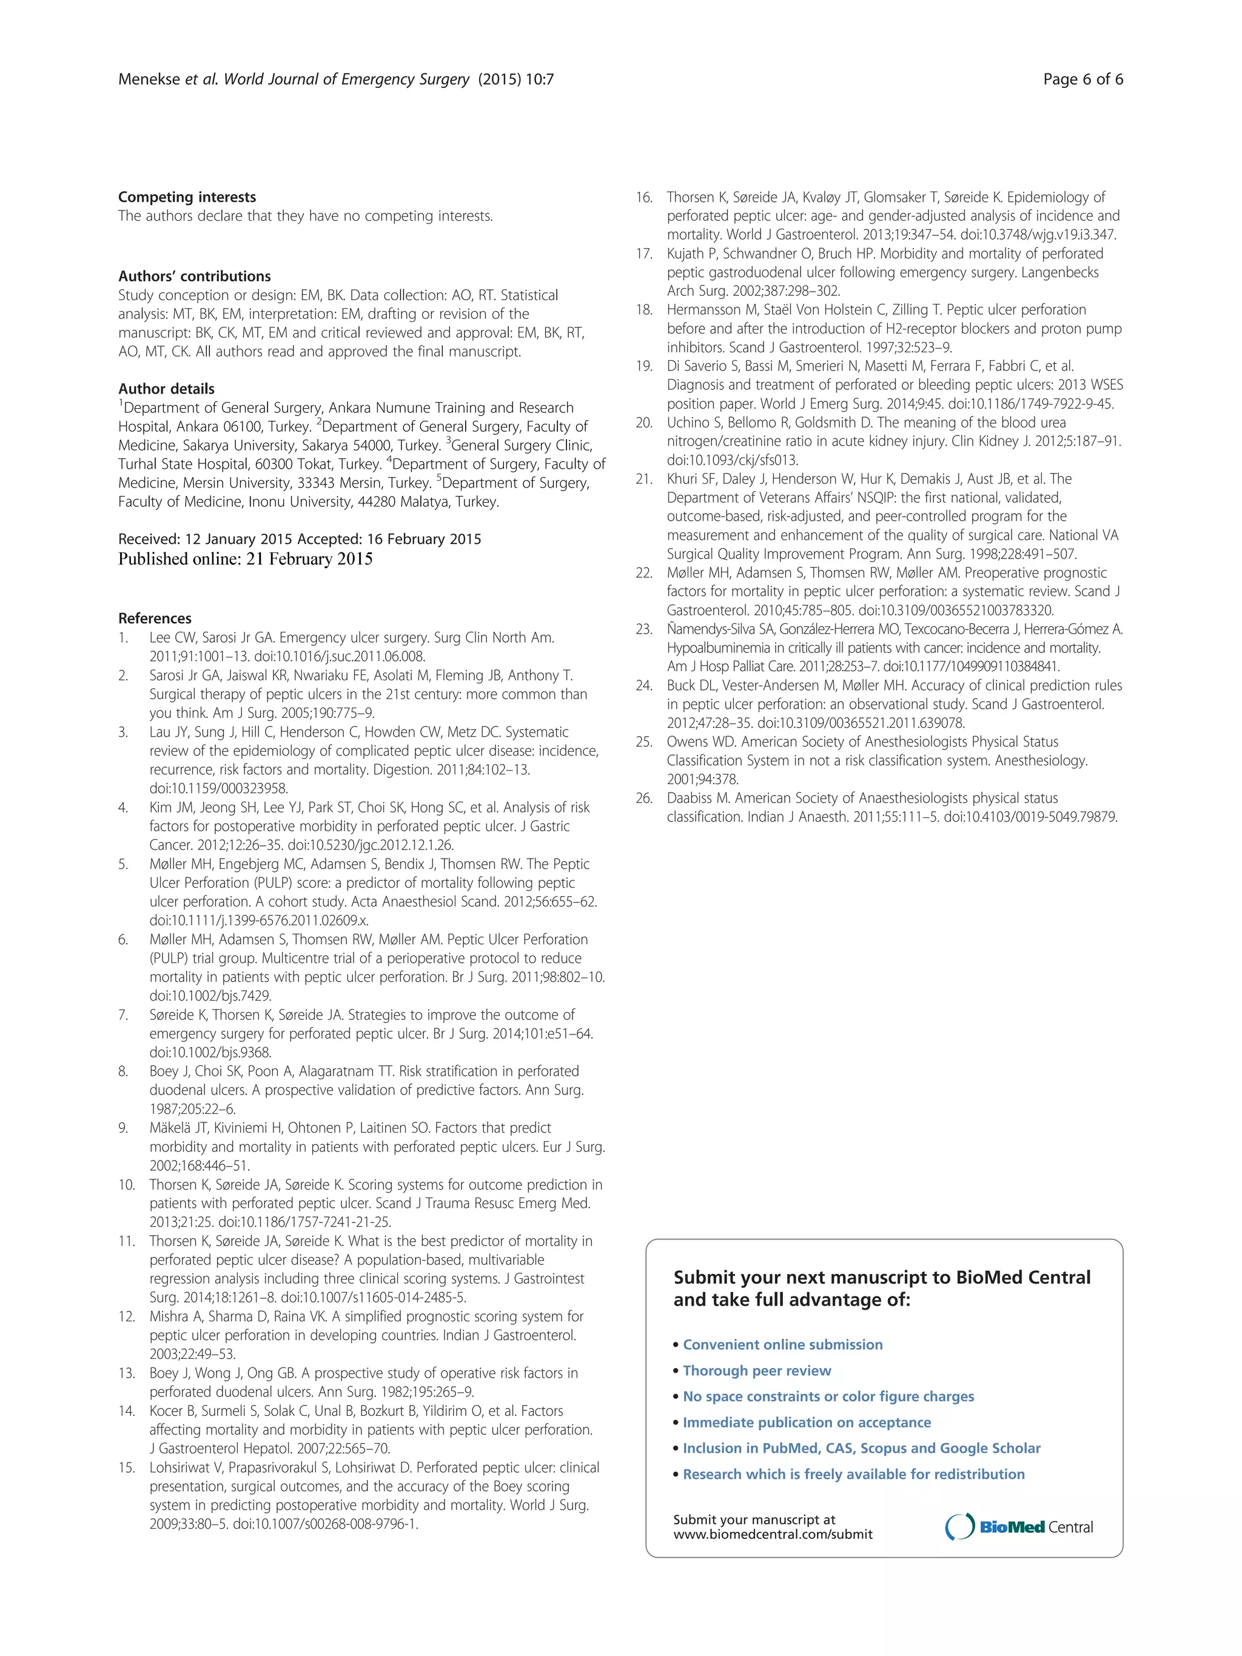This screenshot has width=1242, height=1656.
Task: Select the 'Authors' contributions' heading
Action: tap(194, 277)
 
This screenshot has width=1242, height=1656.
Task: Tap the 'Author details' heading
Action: tap(166, 389)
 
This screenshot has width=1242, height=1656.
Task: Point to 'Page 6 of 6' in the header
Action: tap(1083, 79)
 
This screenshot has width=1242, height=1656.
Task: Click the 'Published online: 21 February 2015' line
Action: tap(245, 558)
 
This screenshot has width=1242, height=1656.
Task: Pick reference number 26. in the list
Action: tap(644, 798)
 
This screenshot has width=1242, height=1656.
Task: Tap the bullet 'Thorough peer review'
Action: tap(756, 1371)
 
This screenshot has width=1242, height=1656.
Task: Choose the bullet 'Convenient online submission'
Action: tap(782, 1344)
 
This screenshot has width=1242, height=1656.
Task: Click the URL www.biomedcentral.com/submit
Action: tap(772, 1535)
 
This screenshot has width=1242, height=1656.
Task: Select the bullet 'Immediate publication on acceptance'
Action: tap(807, 1423)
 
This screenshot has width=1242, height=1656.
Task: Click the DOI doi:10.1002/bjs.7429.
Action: tap(210, 996)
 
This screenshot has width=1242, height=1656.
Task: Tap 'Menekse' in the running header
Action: tap(150, 79)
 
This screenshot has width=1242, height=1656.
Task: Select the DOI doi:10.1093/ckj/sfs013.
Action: tap(732, 460)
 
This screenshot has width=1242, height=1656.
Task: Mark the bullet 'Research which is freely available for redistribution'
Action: tap(853, 1474)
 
